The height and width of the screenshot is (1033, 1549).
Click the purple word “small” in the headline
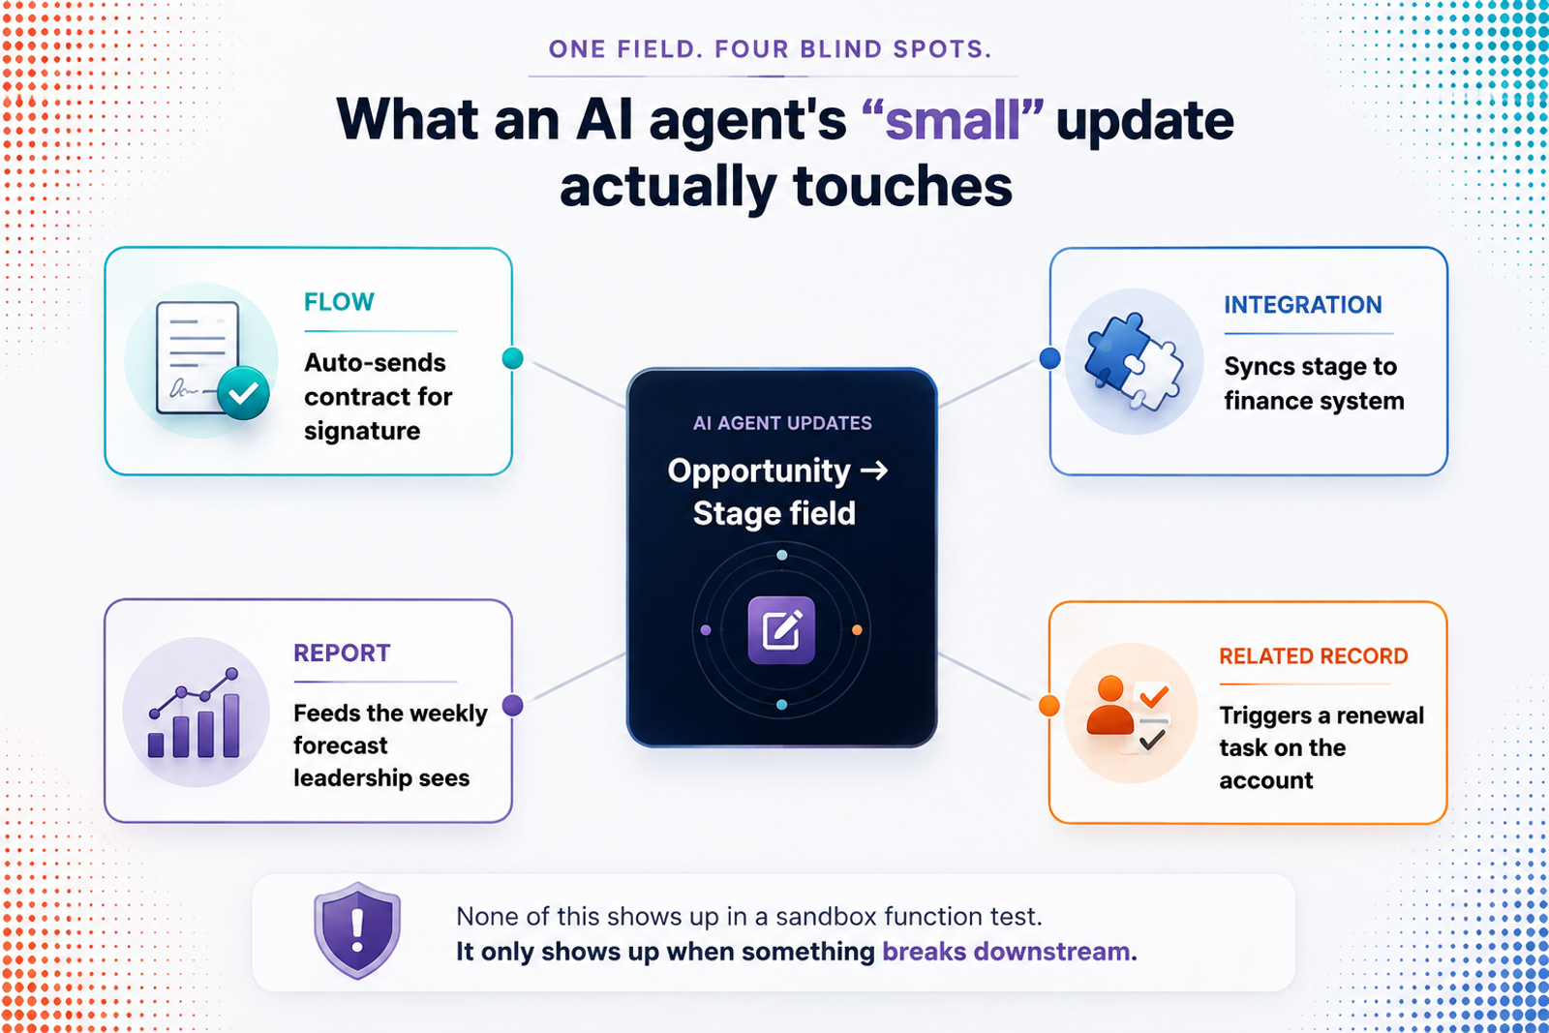point(953,120)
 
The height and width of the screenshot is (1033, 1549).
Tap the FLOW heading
point(339,302)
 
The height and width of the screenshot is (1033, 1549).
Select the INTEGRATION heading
point(1303,305)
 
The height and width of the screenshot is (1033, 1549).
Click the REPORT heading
point(342,653)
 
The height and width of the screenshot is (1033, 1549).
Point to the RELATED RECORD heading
point(1313,656)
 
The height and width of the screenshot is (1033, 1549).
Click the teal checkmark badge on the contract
point(243,393)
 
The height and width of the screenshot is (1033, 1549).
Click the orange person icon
point(1109,705)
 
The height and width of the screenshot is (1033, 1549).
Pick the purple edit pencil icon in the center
point(781,630)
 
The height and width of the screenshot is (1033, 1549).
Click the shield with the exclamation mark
point(357,930)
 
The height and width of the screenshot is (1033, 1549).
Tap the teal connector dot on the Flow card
point(512,358)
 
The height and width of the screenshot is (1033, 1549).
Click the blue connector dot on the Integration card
point(1049,358)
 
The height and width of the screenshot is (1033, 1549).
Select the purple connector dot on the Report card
point(512,705)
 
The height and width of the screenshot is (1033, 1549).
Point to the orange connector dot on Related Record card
point(1049,706)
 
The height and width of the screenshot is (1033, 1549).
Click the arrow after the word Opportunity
point(874,471)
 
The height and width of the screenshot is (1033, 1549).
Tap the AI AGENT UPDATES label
point(782,423)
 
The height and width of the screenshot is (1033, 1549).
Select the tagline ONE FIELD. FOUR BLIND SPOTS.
point(771,49)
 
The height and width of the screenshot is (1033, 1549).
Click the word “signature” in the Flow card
point(362,432)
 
